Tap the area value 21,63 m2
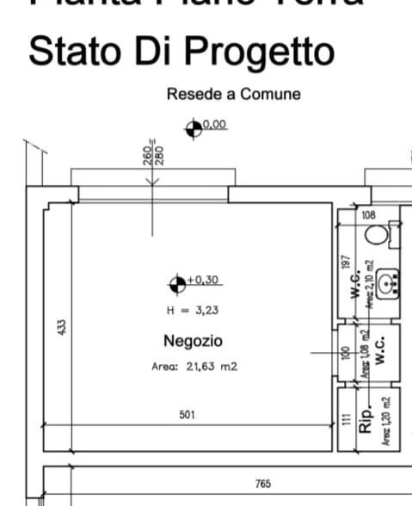coord(211,366)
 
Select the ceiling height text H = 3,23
coord(194,311)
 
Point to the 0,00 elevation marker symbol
coord(194,127)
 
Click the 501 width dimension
coord(187,415)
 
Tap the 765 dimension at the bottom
coord(263,484)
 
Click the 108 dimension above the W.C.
coord(368,214)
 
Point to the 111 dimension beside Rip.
coord(347,417)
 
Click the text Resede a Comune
coord(234,94)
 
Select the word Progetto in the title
coord(261,51)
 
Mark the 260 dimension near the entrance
coord(148,153)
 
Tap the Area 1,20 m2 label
coord(386,419)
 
